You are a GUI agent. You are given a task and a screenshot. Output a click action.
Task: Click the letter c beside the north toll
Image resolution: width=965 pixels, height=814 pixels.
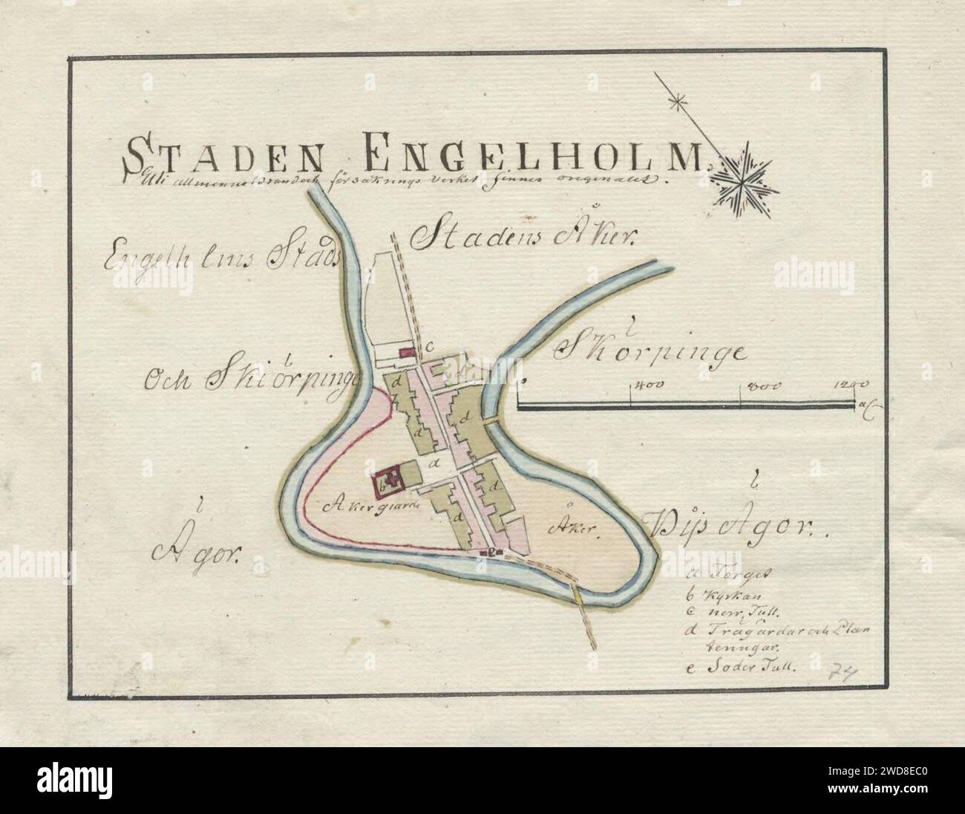(429, 345)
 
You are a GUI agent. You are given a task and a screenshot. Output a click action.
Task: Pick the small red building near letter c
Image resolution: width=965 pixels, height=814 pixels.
(406, 353)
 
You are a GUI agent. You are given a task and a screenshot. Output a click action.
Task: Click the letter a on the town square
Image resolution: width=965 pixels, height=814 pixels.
(434, 463)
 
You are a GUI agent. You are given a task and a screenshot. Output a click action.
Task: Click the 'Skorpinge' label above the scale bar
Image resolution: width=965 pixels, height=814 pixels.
(650, 352)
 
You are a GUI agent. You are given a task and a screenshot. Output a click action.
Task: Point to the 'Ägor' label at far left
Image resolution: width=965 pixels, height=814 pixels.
(196, 550)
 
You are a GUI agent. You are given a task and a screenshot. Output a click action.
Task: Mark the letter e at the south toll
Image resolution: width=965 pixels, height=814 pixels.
(490, 552)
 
